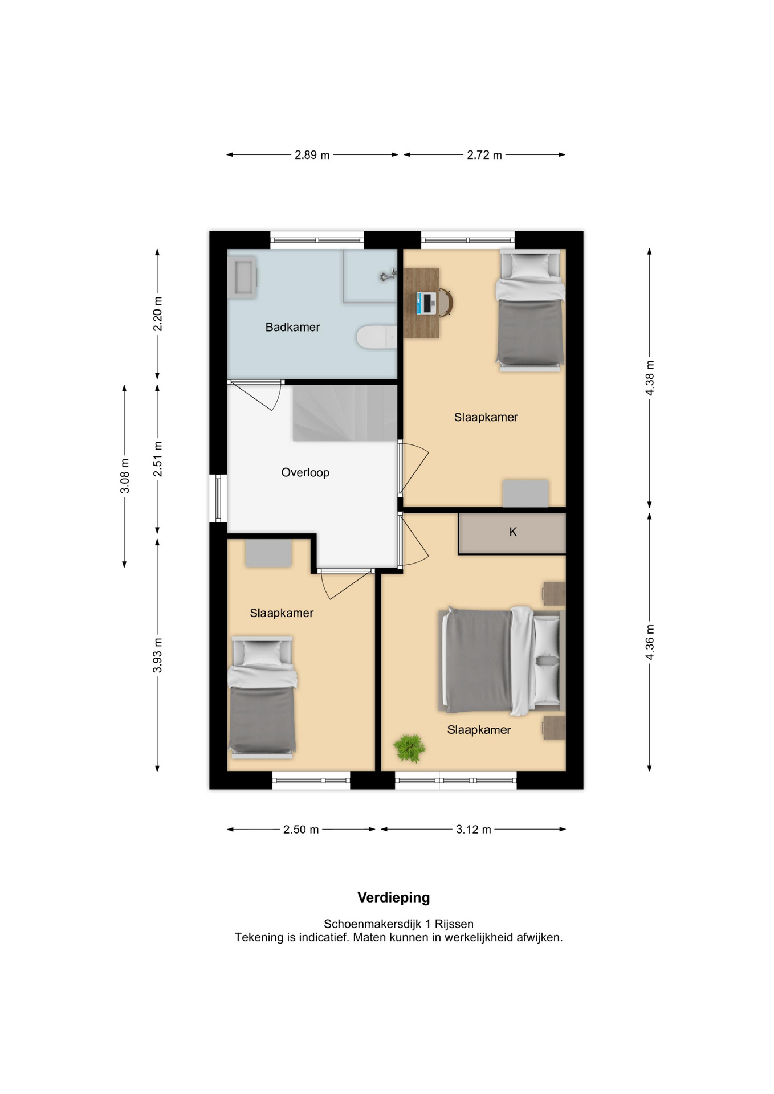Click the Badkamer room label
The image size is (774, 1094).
click(x=292, y=327)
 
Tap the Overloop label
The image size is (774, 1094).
click(x=305, y=472)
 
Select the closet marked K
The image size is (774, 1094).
click(x=512, y=533)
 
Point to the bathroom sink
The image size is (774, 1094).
click(x=243, y=277)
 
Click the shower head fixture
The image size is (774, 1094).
click(x=388, y=276)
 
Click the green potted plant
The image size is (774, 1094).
click(x=409, y=748)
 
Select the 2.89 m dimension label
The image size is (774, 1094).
click(x=312, y=155)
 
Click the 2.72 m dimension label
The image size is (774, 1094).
click(x=484, y=155)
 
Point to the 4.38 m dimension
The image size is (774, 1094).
click(x=650, y=378)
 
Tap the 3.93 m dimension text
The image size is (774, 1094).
click(x=157, y=655)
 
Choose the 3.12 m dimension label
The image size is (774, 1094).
click(x=473, y=830)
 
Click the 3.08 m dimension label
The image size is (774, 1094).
click(x=125, y=476)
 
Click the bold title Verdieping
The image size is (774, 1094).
click(x=393, y=897)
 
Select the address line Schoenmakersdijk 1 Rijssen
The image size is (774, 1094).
click(x=398, y=924)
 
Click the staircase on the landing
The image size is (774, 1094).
click(x=345, y=413)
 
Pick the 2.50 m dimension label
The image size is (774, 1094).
click(x=301, y=830)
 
